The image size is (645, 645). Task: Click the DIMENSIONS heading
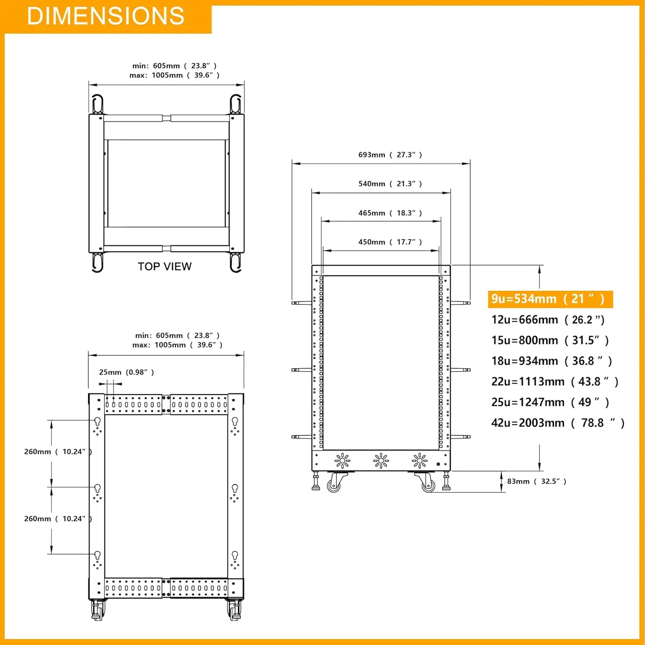[x=105, y=16]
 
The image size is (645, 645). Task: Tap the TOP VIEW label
[x=165, y=267]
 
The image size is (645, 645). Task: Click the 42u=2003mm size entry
[x=557, y=423]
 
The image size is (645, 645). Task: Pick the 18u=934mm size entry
[x=551, y=361]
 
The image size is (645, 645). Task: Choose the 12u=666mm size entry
[x=548, y=319]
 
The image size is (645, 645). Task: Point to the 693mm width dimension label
[x=390, y=155]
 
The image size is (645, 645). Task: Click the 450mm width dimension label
[x=390, y=242]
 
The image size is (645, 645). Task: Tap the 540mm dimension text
[x=390, y=184]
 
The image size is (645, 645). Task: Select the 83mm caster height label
[x=536, y=481]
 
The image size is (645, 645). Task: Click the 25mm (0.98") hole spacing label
[x=126, y=372]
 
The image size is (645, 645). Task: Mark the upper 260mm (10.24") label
[x=58, y=451]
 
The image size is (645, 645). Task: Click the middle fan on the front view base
[x=381, y=461]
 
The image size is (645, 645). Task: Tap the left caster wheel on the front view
[x=334, y=485]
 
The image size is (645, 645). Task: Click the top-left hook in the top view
[x=98, y=104]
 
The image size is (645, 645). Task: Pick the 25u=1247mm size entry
[x=550, y=402]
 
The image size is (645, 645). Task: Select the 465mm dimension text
[x=390, y=213]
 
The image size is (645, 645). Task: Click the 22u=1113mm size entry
[x=555, y=381]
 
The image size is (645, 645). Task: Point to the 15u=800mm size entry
[x=550, y=340]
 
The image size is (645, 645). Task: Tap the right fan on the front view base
[x=420, y=461]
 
